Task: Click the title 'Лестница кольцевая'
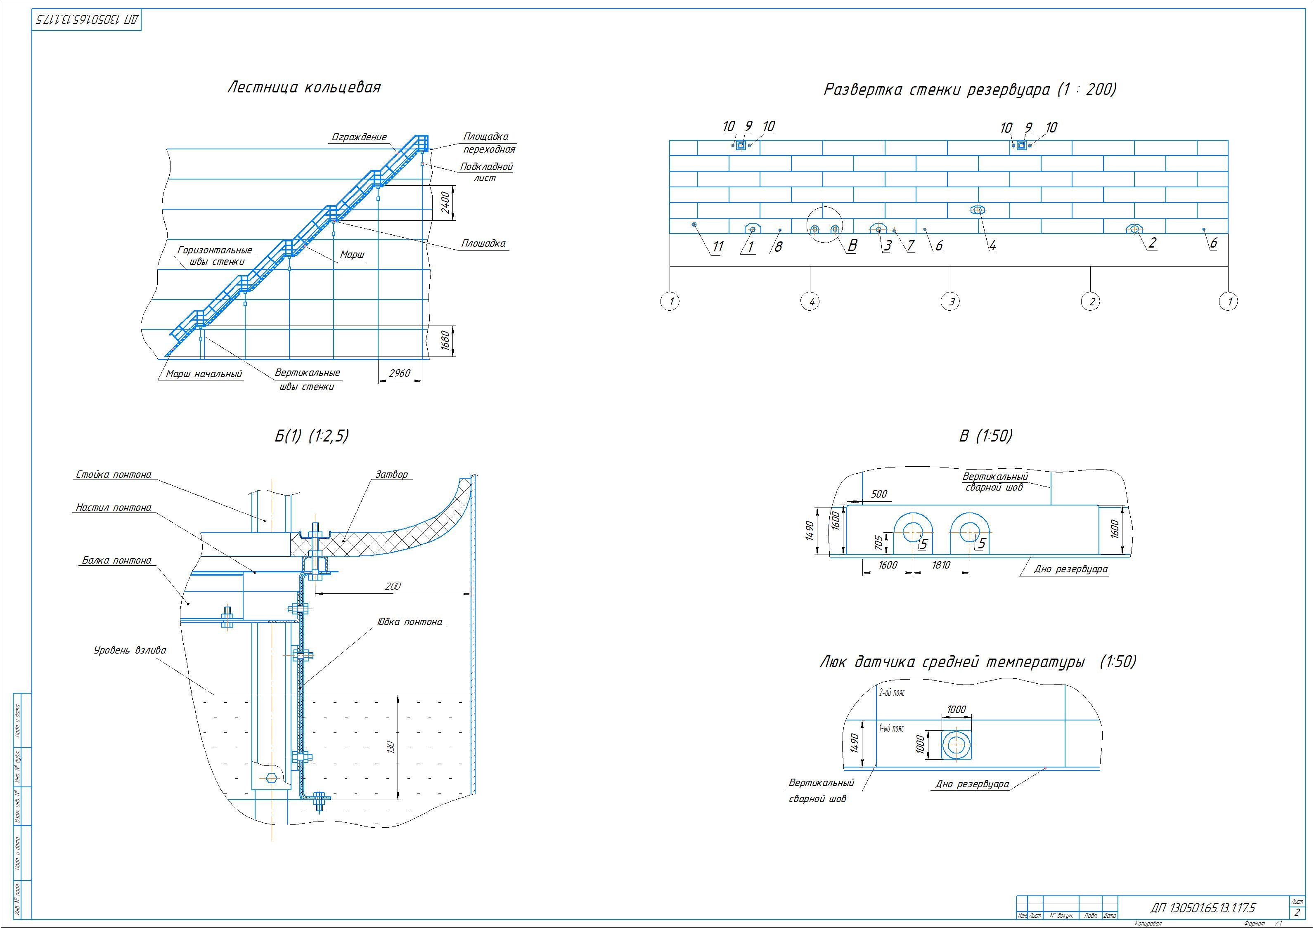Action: point(304,87)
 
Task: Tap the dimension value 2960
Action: point(400,373)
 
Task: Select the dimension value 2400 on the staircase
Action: point(445,203)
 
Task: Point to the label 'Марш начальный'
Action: point(204,374)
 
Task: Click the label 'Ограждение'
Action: point(360,137)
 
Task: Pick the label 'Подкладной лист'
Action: point(486,172)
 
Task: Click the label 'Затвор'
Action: point(391,474)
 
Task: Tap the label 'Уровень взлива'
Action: point(130,651)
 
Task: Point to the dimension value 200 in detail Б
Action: point(393,586)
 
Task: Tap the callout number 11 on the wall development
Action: point(717,247)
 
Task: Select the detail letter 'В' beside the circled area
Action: point(852,246)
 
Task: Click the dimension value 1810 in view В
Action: point(941,565)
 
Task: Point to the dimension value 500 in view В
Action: point(878,494)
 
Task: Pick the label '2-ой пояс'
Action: point(892,693)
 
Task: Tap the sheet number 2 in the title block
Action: point(1297,913)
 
